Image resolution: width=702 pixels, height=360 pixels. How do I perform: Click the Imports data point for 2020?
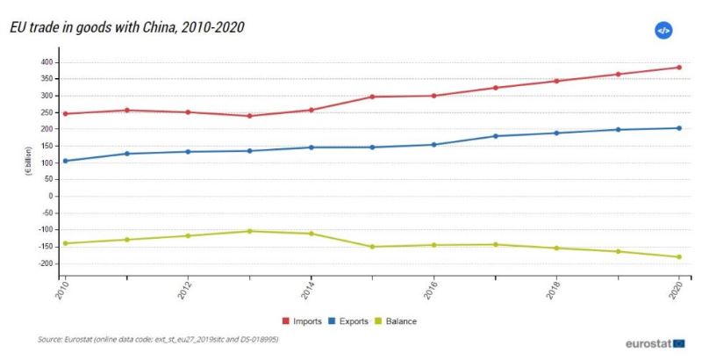tap(678, 68)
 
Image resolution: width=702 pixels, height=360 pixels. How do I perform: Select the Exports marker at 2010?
tap(65, 161)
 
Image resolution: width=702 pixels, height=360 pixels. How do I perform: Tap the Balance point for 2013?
tap(249, 231)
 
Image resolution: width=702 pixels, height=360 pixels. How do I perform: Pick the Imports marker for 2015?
tap(372, 97)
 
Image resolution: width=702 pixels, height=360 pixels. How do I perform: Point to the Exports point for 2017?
tap(495, 136)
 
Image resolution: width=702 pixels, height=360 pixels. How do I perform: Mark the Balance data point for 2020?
tap(678, 257)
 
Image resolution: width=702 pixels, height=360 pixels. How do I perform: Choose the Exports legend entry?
tap(353, 321)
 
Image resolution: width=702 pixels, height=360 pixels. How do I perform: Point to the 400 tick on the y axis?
tap(47, 62)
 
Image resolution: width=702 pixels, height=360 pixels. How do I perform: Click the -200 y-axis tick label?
tap(45, 263)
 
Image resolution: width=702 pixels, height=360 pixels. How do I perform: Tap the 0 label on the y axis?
tap(51, 197)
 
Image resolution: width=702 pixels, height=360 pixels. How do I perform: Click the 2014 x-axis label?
tap(309, 292)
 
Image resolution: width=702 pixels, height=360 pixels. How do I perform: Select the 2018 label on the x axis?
tap(555, 292)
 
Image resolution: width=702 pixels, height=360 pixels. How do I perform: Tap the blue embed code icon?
tap(663, 31)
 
